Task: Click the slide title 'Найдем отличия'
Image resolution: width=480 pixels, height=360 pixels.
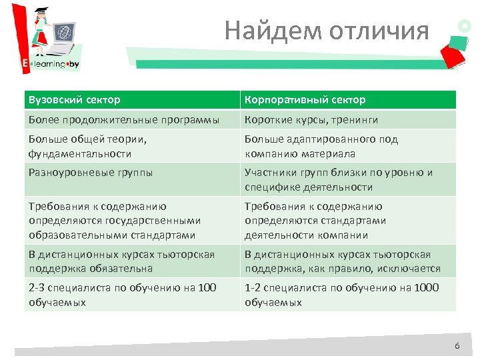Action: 327,31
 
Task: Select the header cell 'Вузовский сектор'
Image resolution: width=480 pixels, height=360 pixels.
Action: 132,100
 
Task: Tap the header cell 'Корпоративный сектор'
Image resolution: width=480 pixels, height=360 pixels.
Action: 348,100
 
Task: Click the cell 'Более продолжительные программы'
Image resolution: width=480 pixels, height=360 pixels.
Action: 132,120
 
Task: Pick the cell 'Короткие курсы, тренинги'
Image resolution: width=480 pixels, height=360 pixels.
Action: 348,120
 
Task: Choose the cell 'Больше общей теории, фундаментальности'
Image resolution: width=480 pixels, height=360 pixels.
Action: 132,146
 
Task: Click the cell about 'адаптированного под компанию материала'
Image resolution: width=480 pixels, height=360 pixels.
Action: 348,146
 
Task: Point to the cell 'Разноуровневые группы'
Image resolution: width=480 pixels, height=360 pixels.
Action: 132,179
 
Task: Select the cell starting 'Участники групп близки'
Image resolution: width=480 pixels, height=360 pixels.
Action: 348,179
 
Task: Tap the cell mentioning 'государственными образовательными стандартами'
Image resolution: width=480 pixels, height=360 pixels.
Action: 132,221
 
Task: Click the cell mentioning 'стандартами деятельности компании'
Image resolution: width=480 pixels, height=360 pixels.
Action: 348,221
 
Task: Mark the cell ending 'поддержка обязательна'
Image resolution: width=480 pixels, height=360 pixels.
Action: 132,261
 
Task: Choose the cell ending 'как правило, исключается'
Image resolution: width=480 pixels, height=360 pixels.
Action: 348,261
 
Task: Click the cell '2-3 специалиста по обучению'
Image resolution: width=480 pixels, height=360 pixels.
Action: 132,295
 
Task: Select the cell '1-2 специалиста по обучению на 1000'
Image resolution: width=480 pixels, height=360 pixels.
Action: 348,295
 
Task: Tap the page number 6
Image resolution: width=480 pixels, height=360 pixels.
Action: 457,346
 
